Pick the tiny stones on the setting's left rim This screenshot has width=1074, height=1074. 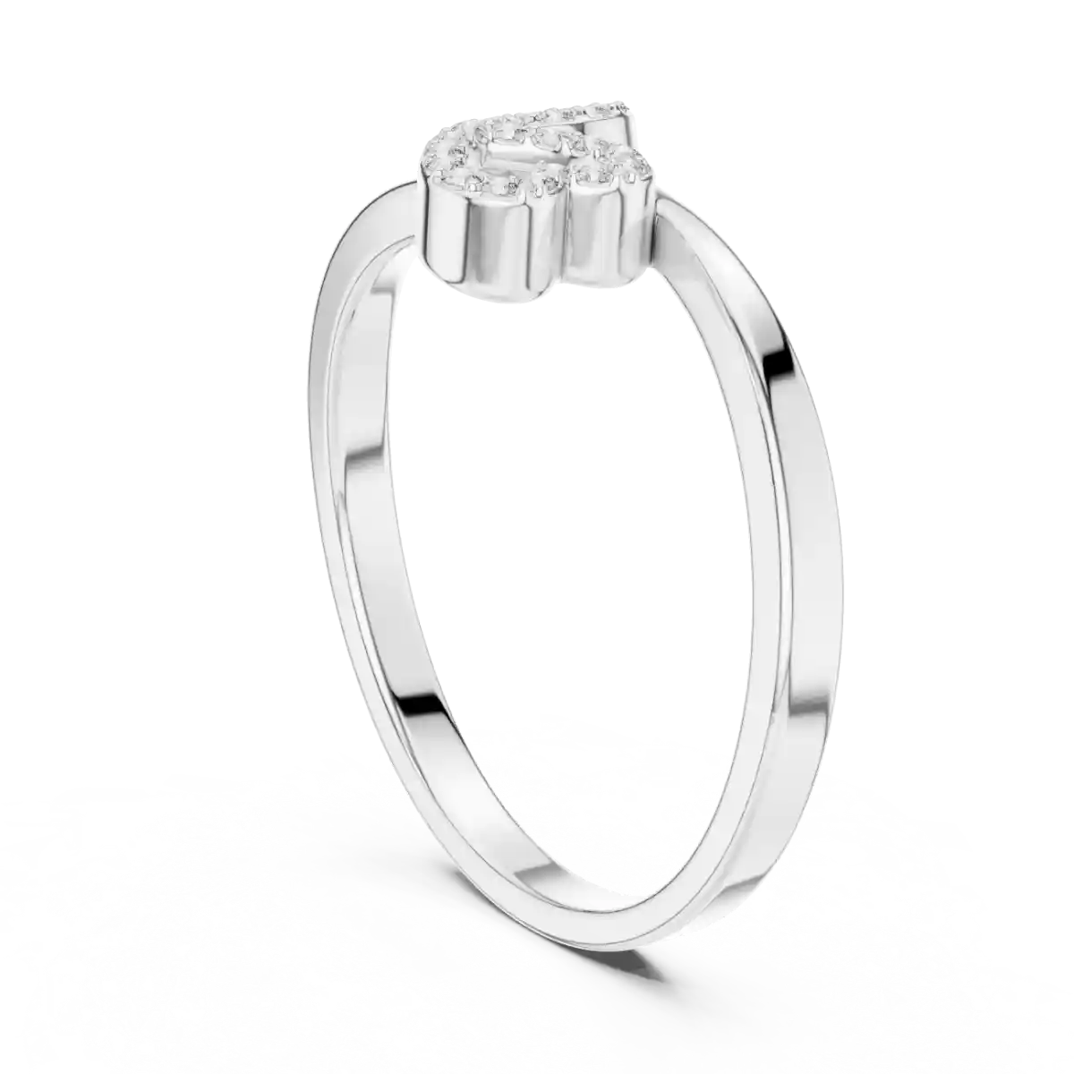click(439, 157)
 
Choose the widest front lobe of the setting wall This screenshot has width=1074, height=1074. click(488, 242)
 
